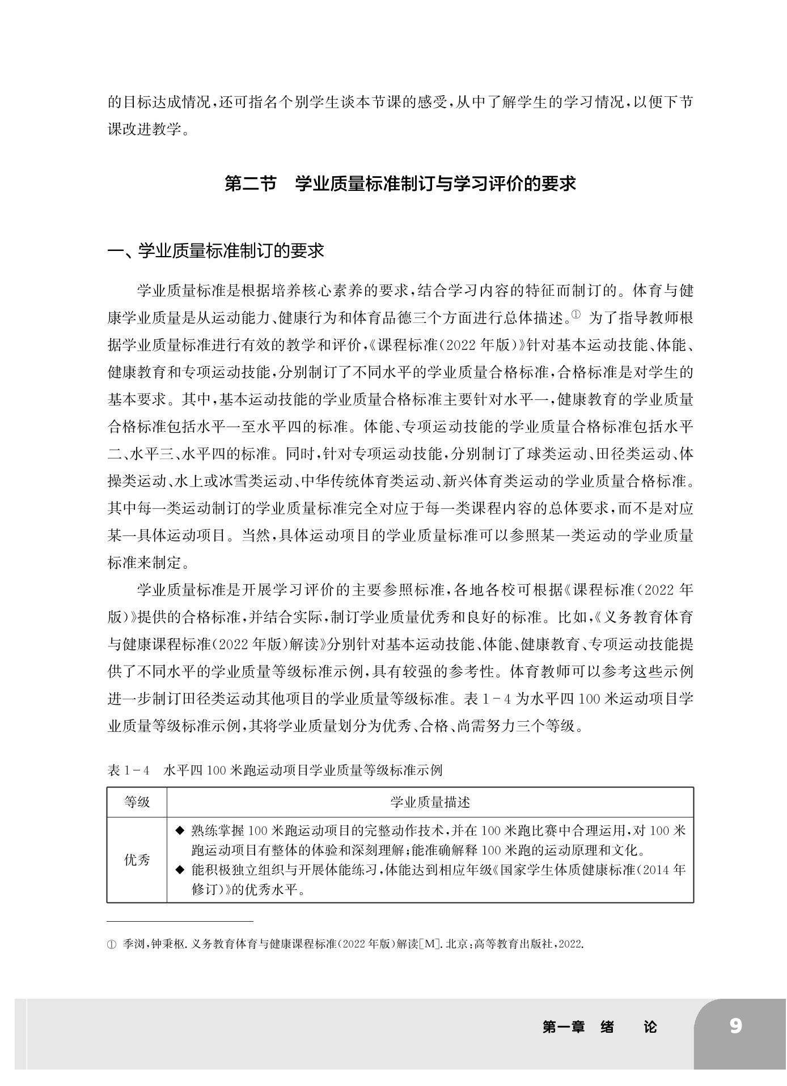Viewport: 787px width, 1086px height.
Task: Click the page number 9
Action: click(735, 1026)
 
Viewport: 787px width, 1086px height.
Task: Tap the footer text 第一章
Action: click(563, 1027)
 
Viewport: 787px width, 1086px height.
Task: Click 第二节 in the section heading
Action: click(250, 184)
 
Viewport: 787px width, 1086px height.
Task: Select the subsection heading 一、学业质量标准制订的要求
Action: click(216, 250)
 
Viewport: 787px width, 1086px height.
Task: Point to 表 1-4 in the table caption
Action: click(128, 771)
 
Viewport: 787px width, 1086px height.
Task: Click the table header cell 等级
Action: click(137, 802)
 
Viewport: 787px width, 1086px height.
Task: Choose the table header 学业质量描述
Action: click(430, 802)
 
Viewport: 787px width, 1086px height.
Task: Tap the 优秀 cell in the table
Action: click(137, 860)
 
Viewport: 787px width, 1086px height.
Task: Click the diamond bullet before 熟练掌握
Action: click(180, 831)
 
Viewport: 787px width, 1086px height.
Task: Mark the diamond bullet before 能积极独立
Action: click(180, 869)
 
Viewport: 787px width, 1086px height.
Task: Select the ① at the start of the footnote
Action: click(111, 945)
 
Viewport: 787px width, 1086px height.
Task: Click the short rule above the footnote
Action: click(180, 921)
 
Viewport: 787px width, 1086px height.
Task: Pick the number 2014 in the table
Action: click(659, 870)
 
